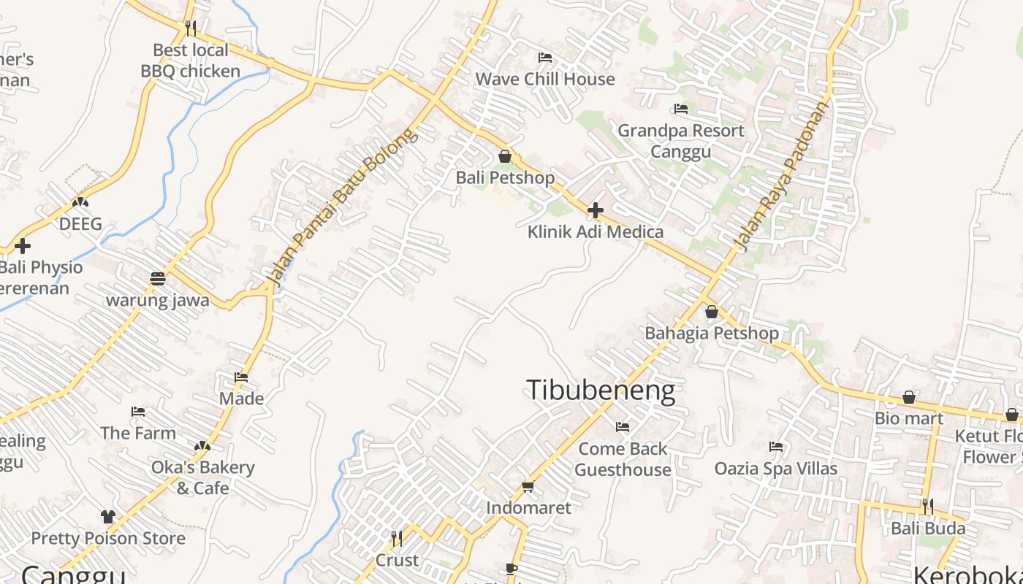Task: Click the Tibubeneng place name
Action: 600,391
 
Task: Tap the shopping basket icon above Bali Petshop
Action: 504,156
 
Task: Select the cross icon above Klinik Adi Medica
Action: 596,211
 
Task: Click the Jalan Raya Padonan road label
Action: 783,176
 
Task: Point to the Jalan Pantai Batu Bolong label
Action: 341,207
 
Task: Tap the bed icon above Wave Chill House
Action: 544,58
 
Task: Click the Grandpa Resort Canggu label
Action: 681,141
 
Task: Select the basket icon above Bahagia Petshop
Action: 711,312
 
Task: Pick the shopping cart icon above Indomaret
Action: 528,486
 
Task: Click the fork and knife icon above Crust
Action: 397,539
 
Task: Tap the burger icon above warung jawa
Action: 157,278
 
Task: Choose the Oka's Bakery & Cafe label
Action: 202,477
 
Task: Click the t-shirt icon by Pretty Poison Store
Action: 108,517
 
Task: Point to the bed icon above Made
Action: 241,377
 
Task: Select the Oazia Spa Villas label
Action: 775,468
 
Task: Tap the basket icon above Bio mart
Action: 909,397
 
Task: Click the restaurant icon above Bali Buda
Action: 927,506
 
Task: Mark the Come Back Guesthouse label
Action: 623,459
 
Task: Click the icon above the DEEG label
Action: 80,202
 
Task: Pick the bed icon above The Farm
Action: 138,412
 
